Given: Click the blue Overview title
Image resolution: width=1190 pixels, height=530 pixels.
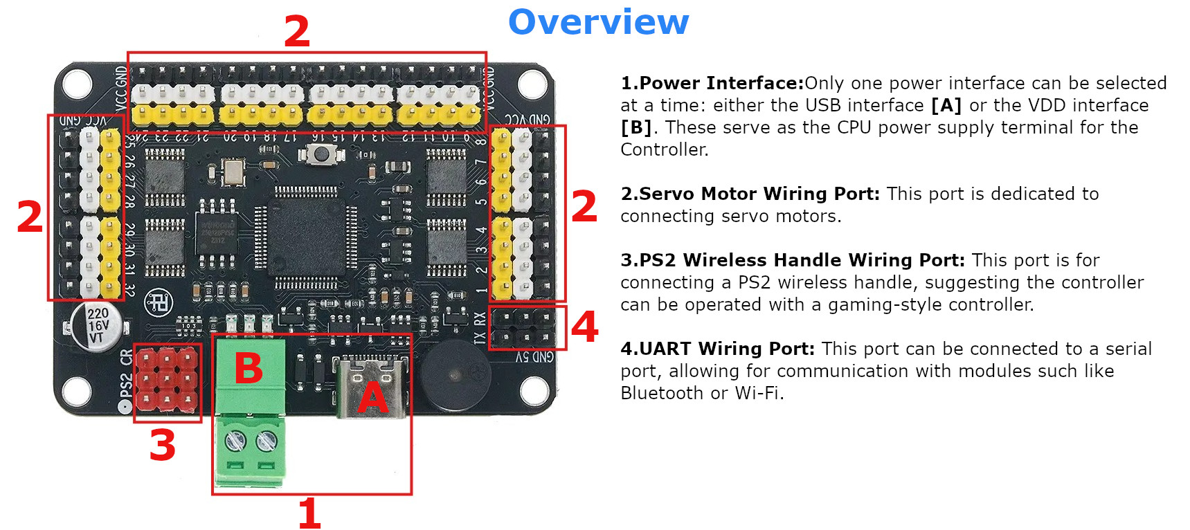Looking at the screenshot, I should point(598,22).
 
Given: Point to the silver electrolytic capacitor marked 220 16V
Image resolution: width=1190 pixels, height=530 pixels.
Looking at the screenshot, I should point(97,325).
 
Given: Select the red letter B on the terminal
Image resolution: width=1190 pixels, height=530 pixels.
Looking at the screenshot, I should point(249,367).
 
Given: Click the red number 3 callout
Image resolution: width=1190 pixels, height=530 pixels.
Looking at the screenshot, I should point(163,446).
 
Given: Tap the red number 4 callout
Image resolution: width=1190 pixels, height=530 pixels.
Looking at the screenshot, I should point(584,327).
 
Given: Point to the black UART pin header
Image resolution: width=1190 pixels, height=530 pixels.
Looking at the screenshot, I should point(524,327).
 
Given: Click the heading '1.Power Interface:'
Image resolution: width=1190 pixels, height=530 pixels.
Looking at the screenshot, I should point(712,83).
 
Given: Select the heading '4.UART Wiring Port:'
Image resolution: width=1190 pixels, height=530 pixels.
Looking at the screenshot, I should point(717,349).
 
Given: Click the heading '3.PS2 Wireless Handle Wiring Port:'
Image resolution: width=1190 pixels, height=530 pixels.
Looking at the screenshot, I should point(792,260).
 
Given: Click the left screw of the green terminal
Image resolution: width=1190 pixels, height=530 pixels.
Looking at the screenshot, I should point(236,439).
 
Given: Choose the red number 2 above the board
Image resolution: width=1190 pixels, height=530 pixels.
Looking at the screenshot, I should point(297,31).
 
